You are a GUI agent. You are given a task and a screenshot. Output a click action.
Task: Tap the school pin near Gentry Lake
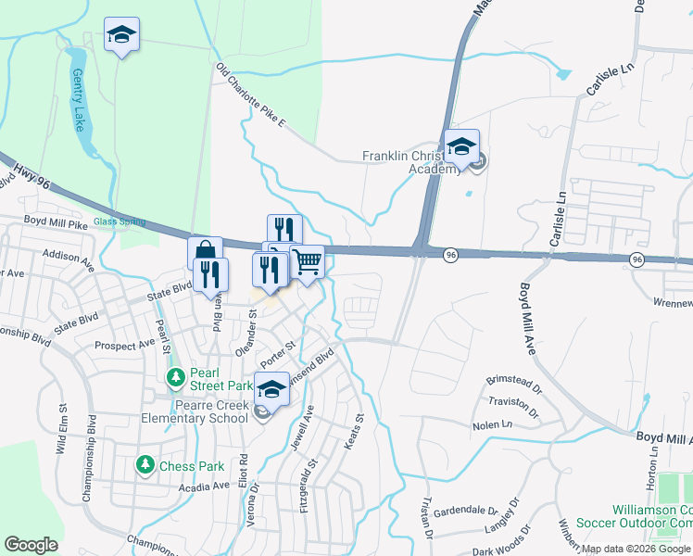point(121,35)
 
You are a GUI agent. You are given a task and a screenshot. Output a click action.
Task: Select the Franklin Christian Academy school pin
point(460,147)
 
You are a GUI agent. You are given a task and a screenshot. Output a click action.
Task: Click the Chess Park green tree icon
point(144,464)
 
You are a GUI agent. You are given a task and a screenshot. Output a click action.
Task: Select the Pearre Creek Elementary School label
point(195,411)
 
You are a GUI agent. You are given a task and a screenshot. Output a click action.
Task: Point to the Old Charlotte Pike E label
point(252,95)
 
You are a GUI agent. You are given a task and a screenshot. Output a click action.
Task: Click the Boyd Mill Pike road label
point(56,222)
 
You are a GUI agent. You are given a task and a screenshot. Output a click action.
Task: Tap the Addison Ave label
point(68,255)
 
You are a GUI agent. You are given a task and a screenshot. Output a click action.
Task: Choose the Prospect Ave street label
point(127,345)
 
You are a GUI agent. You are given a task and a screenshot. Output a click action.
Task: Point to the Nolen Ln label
point(492,424)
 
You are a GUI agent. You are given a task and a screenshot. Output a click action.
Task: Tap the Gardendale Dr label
point(466,510)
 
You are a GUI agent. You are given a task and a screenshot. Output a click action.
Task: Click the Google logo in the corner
point(31,544)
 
